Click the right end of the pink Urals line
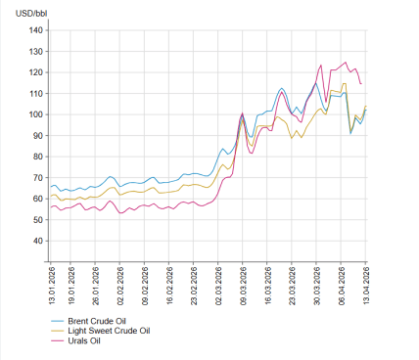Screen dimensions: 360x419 point(361,84)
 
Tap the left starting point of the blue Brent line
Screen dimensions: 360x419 point(50,186)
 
